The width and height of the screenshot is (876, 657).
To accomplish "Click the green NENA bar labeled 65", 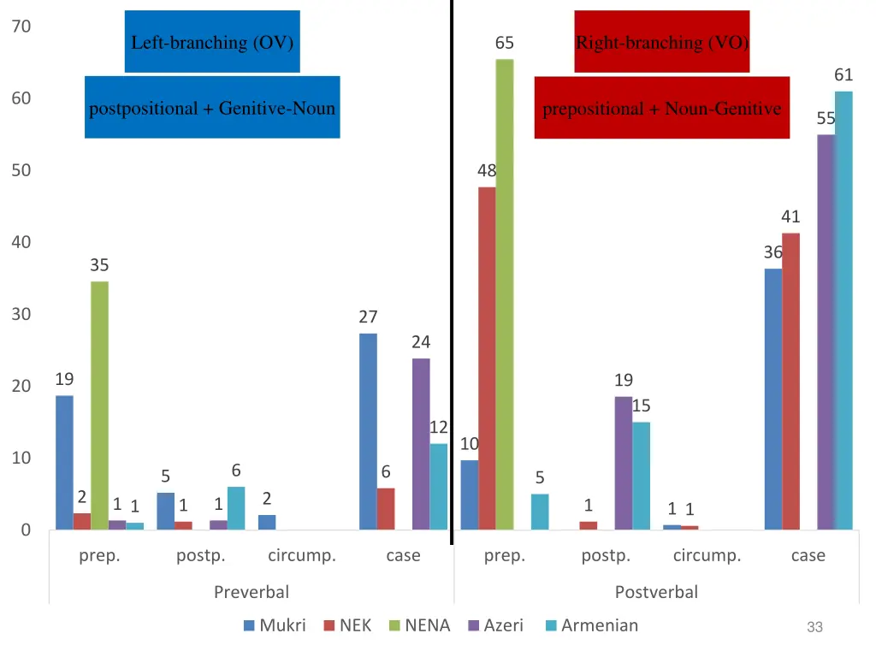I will coord(505,294).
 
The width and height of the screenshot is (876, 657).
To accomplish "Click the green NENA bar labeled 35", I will coord(99,405).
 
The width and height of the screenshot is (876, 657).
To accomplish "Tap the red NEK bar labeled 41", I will coord(790,381).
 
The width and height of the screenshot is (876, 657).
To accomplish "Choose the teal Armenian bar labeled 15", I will coord(641,476).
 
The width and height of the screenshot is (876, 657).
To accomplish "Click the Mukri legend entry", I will coord(275,625).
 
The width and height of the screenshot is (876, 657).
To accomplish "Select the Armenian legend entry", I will coord(591,625).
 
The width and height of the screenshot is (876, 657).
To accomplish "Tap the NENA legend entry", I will coord(418,625).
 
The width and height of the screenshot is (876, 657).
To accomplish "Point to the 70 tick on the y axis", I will coord(22,27).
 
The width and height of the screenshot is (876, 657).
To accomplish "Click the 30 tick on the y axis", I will coord(22,314).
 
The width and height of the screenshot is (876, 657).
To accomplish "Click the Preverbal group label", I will coord(252,591).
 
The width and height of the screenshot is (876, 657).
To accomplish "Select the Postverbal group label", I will coord(656,591).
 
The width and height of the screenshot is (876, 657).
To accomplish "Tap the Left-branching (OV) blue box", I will coord(212,42).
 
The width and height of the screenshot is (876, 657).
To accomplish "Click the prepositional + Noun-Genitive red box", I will coord(661,108).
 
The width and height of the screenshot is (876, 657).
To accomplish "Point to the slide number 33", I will coord(814,627).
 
